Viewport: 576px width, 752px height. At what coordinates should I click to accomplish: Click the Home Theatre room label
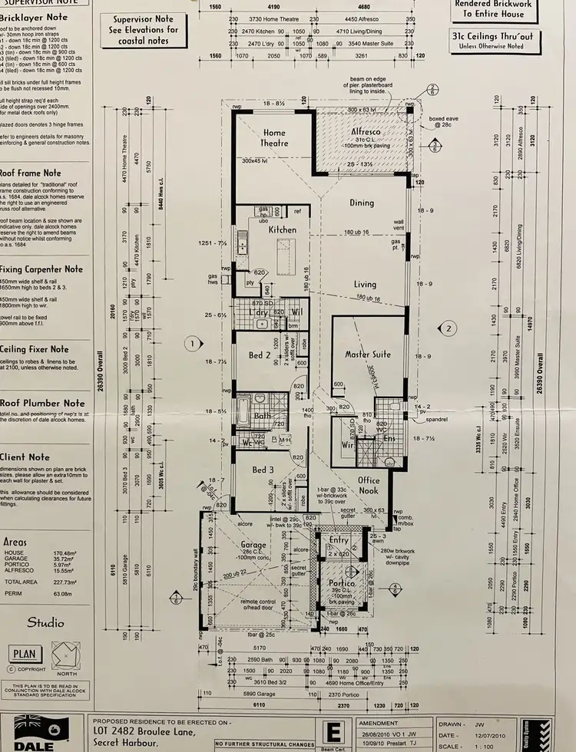click(273, 137)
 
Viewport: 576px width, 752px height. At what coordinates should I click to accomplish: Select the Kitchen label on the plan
click(282, 229)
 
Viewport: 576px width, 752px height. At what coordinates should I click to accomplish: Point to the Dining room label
click(361, 203)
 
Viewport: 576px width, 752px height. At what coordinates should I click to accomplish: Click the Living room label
click(364, 284)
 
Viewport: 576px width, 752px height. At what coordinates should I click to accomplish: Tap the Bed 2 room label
click(259, 355)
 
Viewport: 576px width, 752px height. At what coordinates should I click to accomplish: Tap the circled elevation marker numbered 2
click(448, 328)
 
